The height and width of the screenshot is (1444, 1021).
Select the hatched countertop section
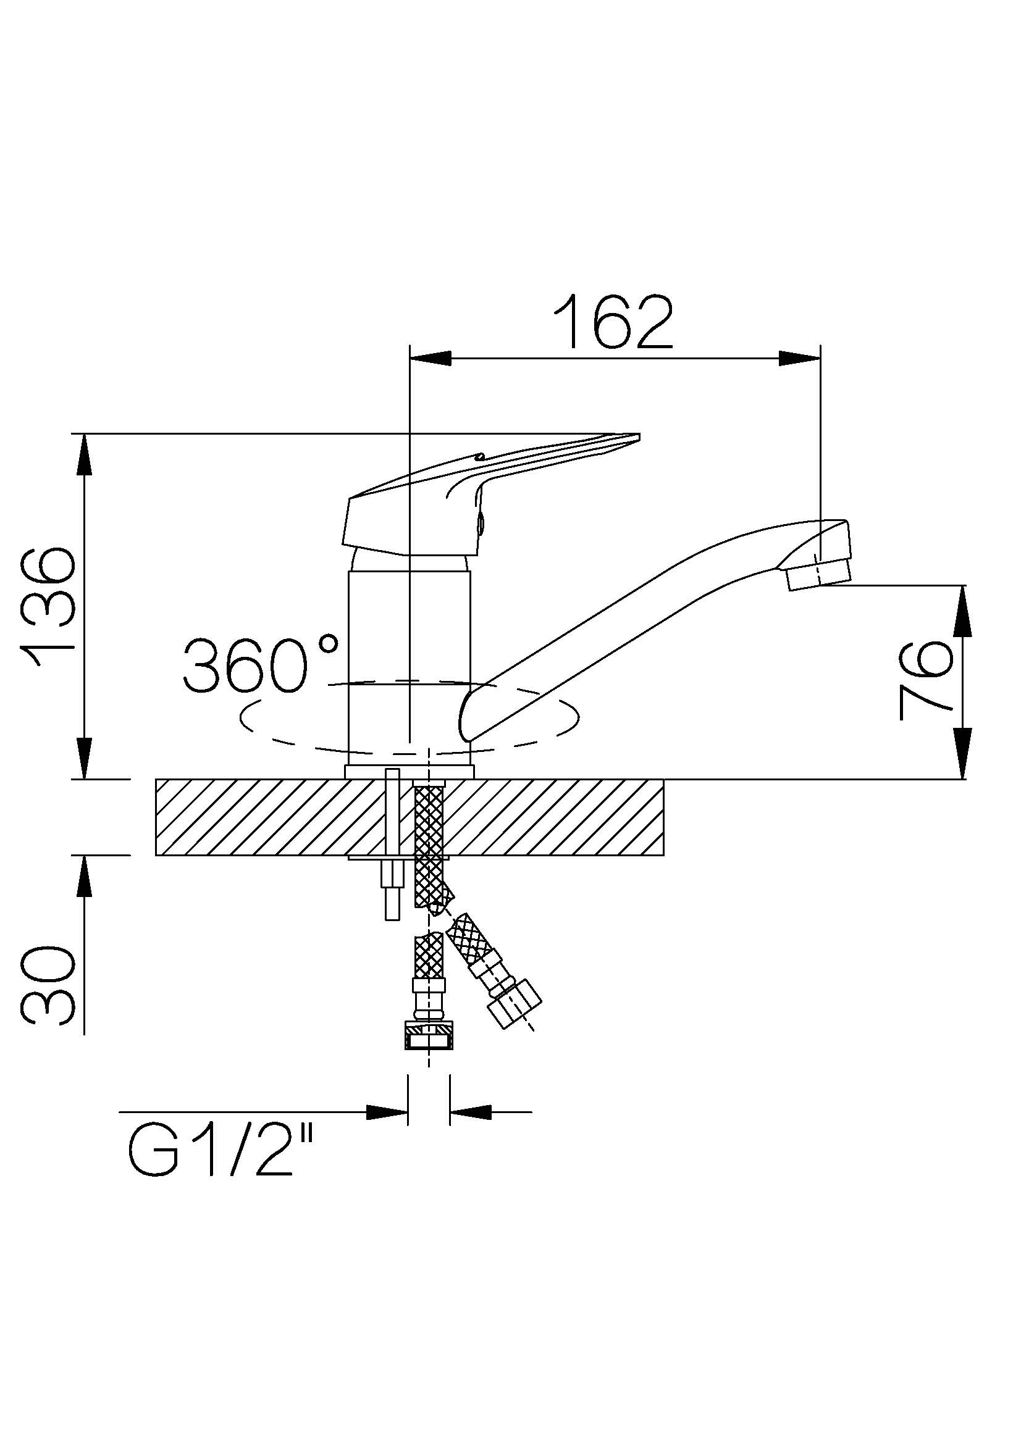coord(410,817)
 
